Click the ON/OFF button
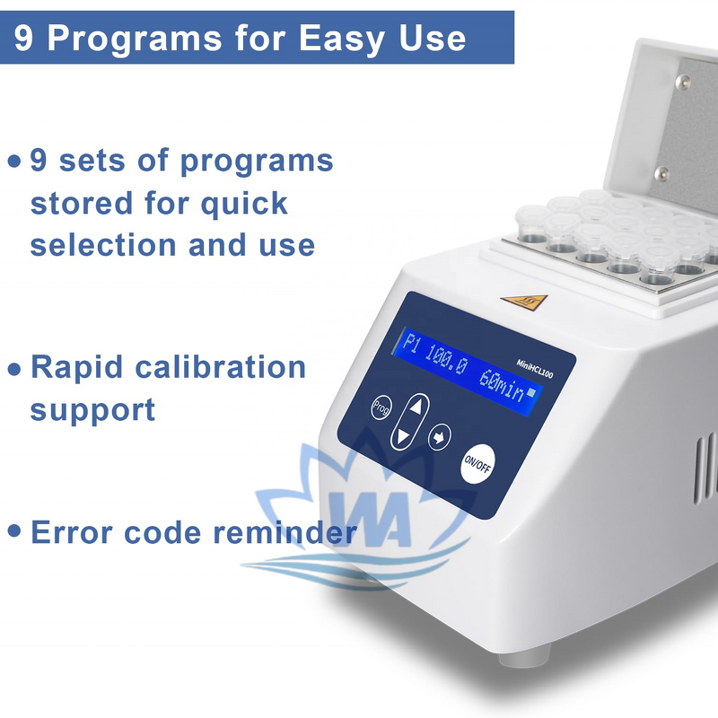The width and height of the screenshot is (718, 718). [477, 463]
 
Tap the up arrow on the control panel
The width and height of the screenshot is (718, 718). [415, 406]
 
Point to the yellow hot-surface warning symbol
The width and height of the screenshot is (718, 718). [513, 301]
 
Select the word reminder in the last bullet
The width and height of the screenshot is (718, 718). [285, 532]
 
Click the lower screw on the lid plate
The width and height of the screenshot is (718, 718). [663, 173]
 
